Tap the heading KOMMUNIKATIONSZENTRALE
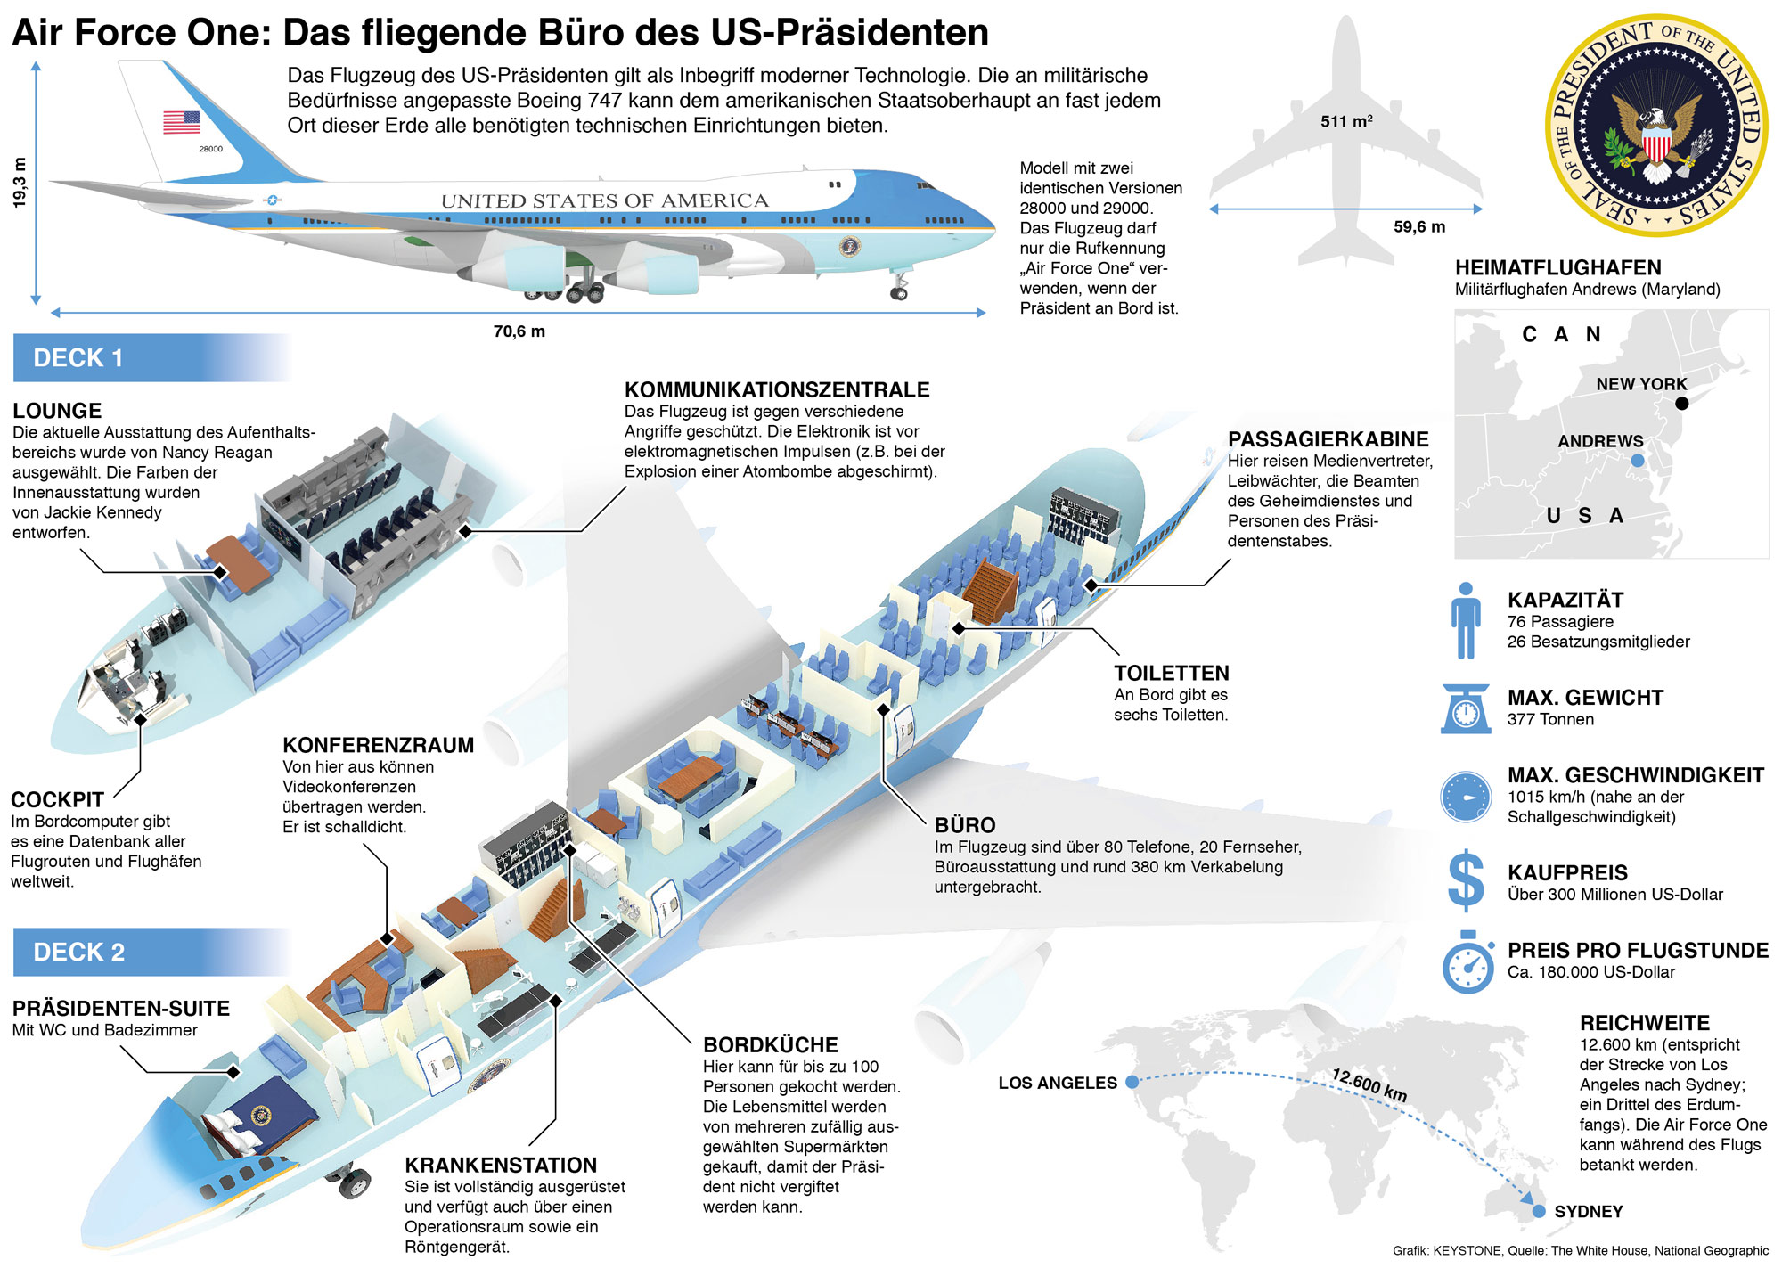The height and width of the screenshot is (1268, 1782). (x=776, y=389)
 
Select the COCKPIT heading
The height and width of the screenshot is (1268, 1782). (x=57, y=799)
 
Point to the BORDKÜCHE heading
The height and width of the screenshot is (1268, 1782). (x=770, y=1044)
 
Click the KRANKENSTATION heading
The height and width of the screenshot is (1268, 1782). (x=501, y=1165)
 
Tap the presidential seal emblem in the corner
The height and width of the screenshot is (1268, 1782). (x=1655, y=126)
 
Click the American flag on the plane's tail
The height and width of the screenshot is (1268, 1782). (x=181, y=122)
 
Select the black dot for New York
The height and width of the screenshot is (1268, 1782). (x=1682, y=403)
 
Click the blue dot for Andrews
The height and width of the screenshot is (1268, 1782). (x=1638, y=461)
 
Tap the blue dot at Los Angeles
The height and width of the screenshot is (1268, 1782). (x=1132, y=1082)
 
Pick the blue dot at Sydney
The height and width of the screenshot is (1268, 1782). (x=1539, y=1211)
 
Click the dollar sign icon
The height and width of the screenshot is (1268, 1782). (x=1466, y=880)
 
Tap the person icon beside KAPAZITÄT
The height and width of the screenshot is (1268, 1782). (x=1466, y=620)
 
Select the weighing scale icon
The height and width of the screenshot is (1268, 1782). (x=1466, y=708)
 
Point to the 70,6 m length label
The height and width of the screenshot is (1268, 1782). (x=519, y=331)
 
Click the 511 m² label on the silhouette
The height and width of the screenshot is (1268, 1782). (x=1346, y=121)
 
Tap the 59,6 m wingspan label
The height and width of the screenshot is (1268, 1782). (x=1419, y=227)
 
